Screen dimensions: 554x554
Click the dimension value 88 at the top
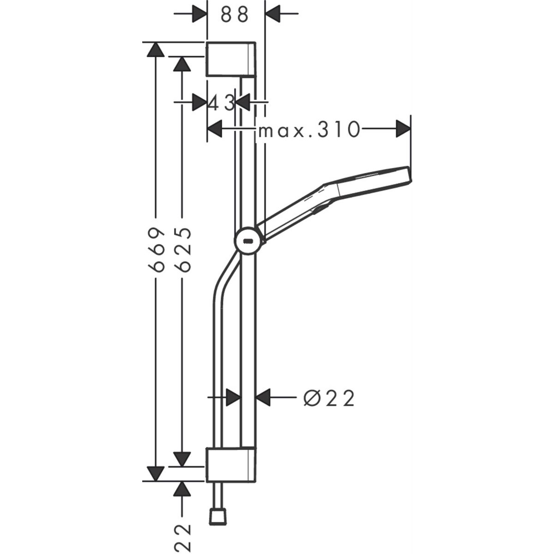click(235, 14)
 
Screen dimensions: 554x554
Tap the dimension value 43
click(222, 103)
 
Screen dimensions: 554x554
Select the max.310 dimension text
click(309, 129)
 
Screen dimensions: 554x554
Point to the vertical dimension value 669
click(157, 250)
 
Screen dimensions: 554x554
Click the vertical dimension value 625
click(182, 250)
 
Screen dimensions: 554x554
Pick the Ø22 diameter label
click(329, 398)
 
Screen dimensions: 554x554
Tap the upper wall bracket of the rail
click(231, 60)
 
